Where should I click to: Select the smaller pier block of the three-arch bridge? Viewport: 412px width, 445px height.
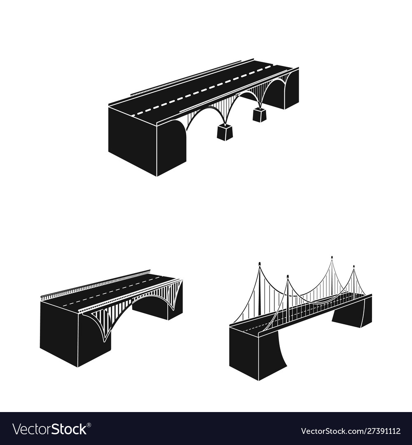(x=259, y=115)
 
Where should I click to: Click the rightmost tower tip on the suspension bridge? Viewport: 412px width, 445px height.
(x=354, y=266)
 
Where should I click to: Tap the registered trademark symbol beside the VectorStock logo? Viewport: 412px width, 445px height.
(x=89, y=425)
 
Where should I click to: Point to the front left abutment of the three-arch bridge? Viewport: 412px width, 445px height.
(x=147, y=141)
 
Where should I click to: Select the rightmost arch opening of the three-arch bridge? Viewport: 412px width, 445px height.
(x=274, y=94)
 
